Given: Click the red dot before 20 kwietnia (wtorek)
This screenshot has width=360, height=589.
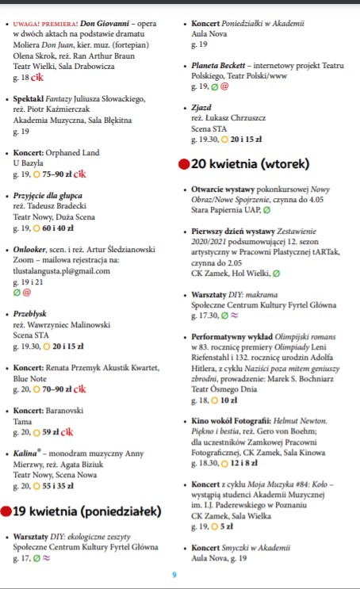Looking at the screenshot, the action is (x=183, y=164).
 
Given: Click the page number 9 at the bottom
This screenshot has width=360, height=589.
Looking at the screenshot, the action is (x=174, y=575).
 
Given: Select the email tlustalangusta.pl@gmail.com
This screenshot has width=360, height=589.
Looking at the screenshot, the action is (x=62, y=270).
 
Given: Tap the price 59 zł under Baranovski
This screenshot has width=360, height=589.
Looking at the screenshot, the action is (x=52, y=432).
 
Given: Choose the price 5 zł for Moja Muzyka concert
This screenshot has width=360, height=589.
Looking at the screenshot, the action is (x=226, y=526).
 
